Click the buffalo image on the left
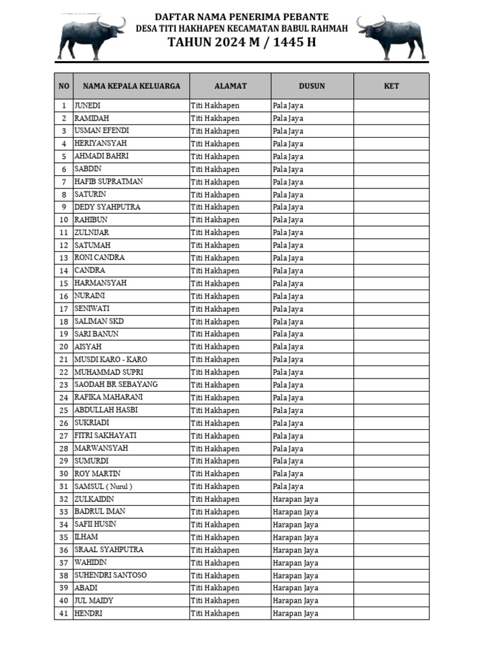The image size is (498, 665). pyautogui.click(x=91, y=37)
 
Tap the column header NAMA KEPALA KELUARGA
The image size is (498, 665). pyautogui.click(x=131, y=86)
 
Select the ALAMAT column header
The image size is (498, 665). pyautogui.click(x=230, y=86)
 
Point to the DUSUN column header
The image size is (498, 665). pyautogui.click(x=312, y=86)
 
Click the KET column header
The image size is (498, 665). pyautogui.click(x=391, y=86)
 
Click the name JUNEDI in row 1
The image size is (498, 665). pyautogui.click(x=88, y=105)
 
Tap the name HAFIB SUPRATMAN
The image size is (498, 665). pyautogui.click(x=108, y=181)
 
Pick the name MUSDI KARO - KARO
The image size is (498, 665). pyautogui.click(x=110, y=359)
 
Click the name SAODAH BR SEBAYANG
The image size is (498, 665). pyautogui.click(x=116, y=384)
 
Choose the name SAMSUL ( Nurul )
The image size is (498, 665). pyautogui.click(x=103, y=486)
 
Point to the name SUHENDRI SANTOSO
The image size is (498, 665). pyautogui.click(x=110, y=575)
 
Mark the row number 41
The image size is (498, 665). pyautogui.click(x=64, y=614)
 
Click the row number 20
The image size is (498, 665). pyautogui.click(x=64, y=347)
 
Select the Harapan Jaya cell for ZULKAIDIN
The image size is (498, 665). pyautogui.click(x=296, y=499)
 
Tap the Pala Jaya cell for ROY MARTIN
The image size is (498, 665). pyautogui.click(x=288, y=473)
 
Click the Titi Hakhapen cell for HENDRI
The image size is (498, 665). pyautogui.click(x=215, y=614)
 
